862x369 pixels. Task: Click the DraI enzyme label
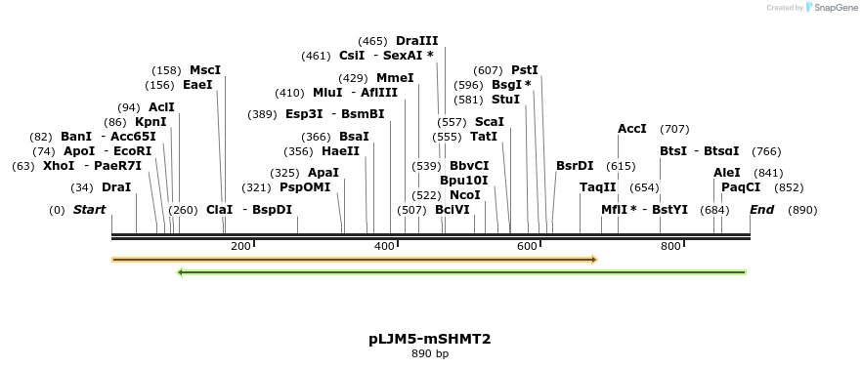[116, 187]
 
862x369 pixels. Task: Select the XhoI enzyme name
[58, 166]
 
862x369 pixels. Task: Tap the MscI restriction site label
[205, 70]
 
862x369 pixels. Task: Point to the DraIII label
[416, 41]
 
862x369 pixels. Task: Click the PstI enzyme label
[525, 70]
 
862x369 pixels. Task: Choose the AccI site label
[631, 129]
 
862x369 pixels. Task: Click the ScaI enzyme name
[489, 122]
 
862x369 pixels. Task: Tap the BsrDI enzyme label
[575, 166]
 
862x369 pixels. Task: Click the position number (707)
[674, 129]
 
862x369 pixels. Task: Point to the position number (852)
[789, 187]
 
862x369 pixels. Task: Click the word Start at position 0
[89, 210]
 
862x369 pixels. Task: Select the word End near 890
[761, 210]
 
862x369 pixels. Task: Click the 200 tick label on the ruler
[240, 246]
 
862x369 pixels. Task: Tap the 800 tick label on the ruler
[670, 246]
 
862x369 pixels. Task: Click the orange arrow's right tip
[595, 260]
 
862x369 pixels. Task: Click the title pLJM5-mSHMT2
[430, 339]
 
